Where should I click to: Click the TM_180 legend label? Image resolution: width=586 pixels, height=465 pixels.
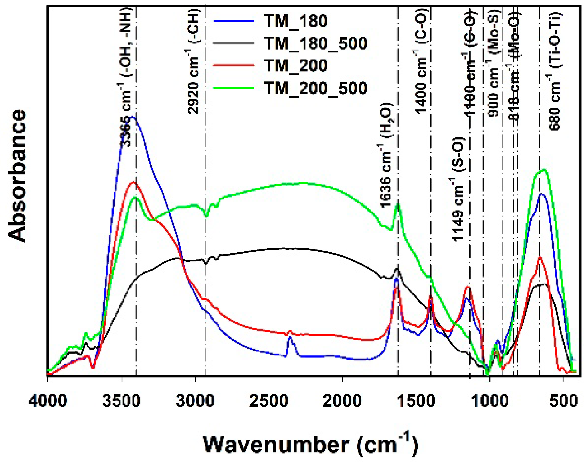295,21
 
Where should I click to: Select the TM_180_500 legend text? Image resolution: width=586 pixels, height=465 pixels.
315,43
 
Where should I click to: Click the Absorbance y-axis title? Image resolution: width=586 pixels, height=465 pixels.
17,175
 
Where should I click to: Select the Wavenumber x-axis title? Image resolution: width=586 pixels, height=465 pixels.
310,444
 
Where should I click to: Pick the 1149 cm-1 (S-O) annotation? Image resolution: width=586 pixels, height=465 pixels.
458,189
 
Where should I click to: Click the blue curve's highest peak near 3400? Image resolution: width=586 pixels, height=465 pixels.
133,117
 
